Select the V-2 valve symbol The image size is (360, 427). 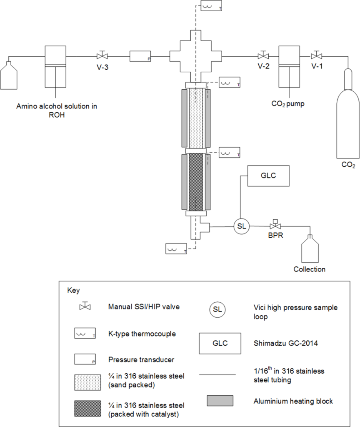263,55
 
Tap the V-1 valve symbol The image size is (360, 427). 317,55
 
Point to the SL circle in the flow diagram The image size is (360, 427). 242,226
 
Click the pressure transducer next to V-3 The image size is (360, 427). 140,56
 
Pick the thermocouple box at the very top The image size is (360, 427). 212,6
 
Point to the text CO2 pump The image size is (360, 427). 290,104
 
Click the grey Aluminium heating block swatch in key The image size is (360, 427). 220,401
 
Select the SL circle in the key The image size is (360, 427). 217,310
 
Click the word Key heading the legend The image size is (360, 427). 73,290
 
